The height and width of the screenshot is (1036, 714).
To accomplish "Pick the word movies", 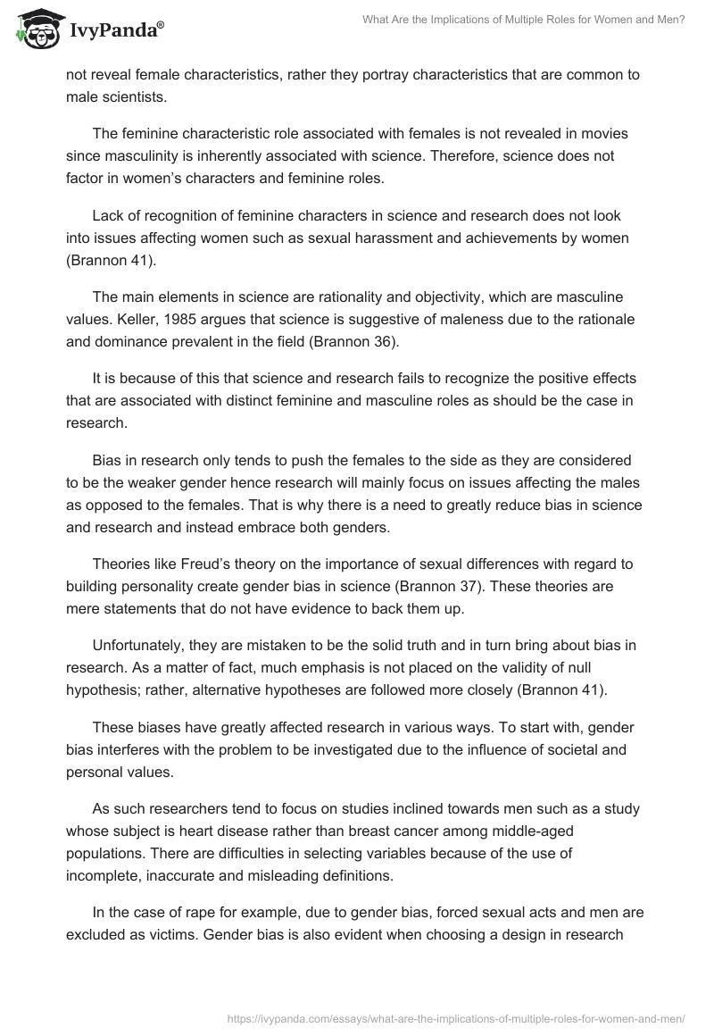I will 603,133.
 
